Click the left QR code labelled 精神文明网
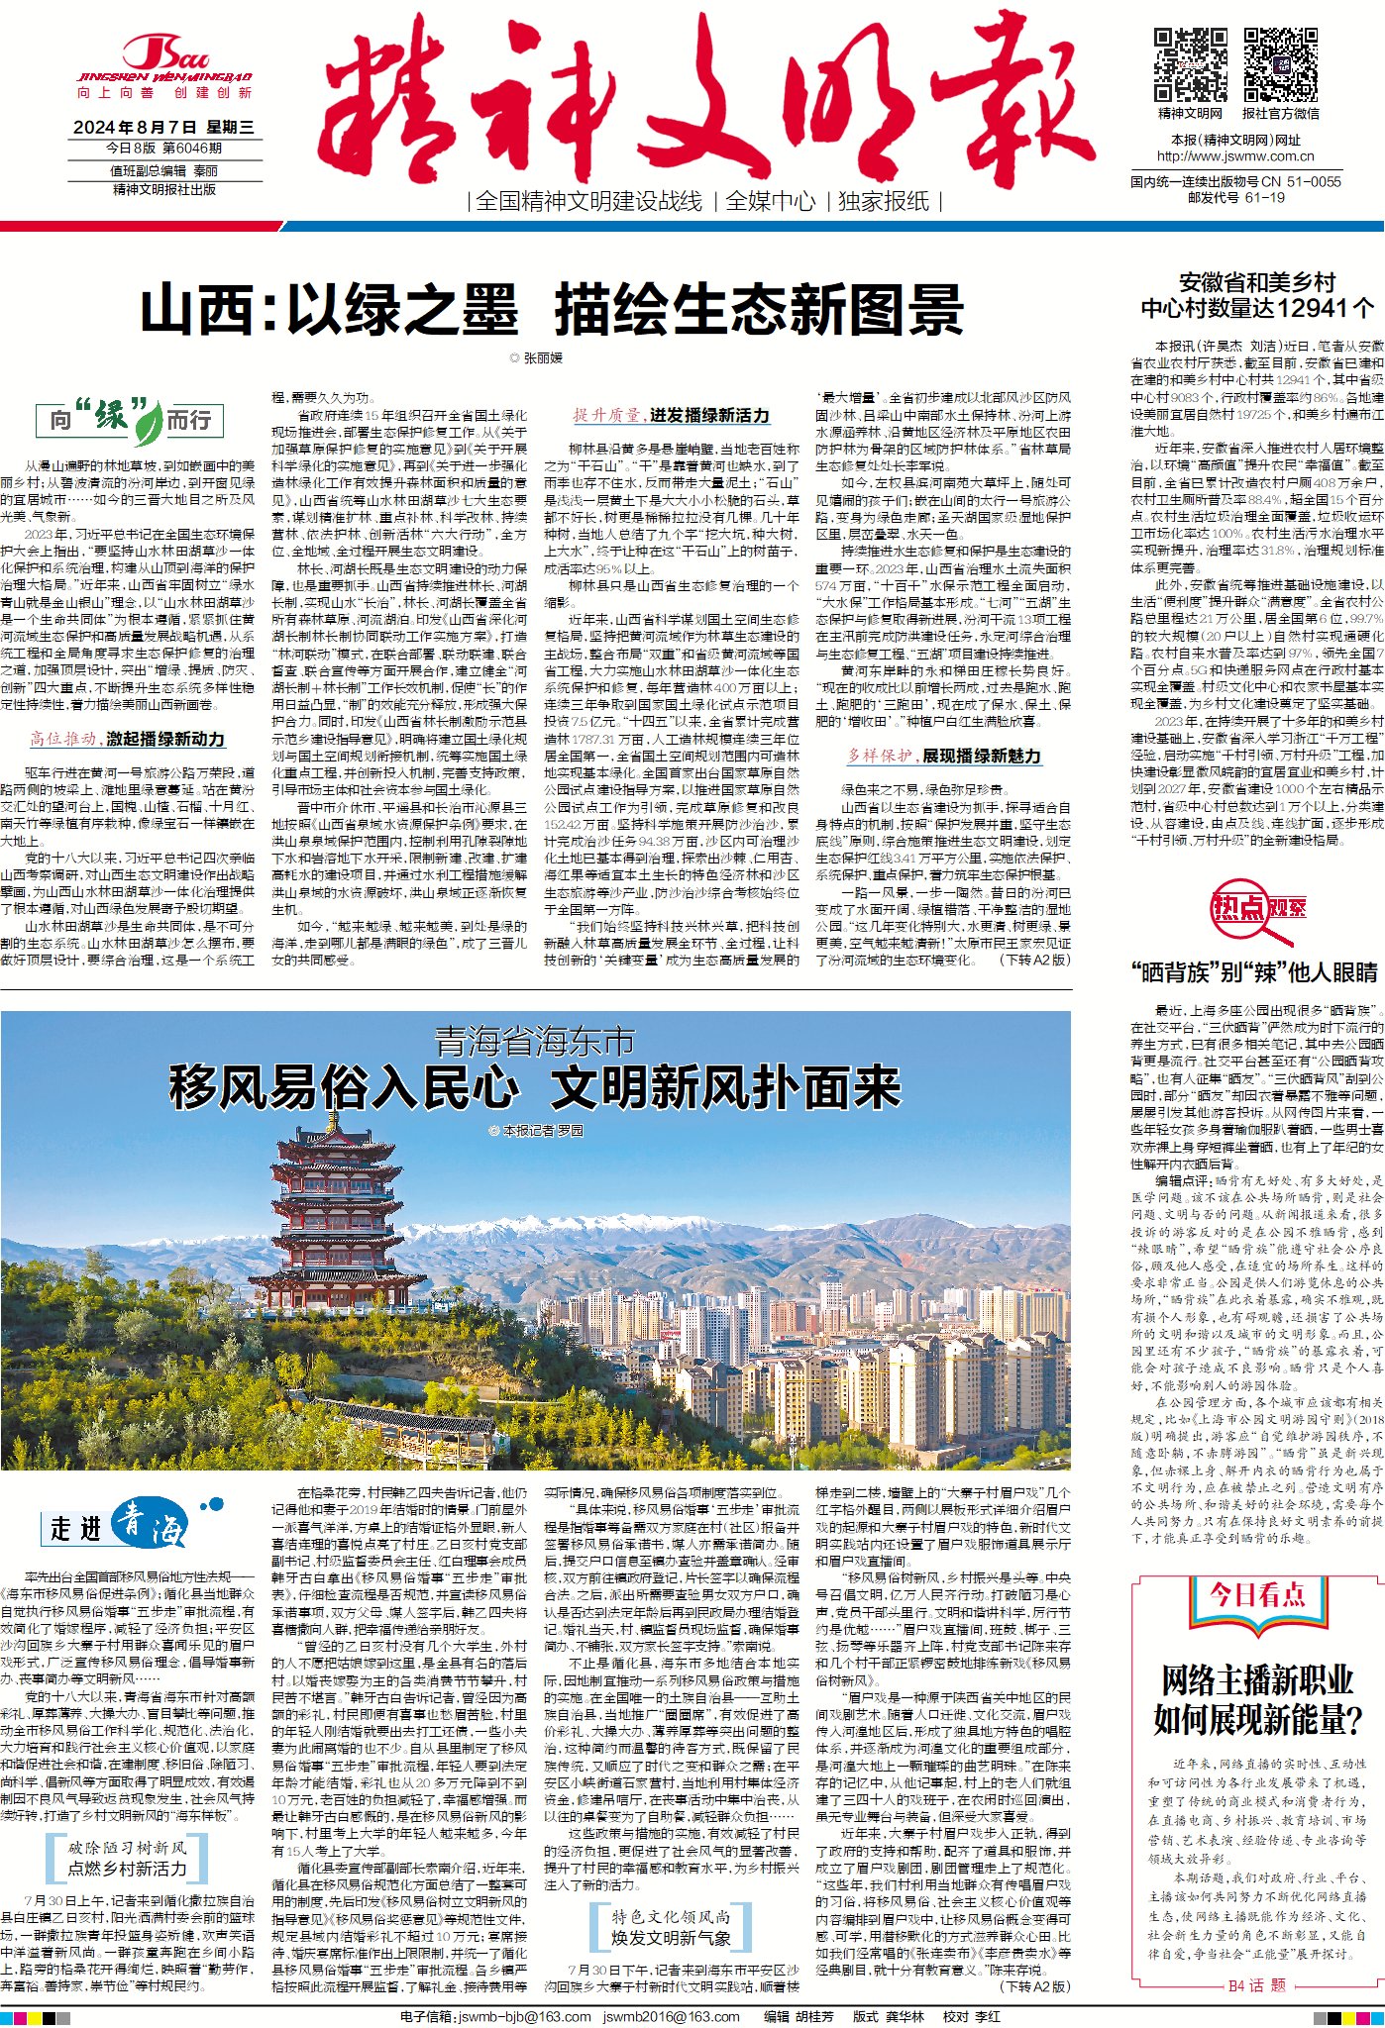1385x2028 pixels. point(1190,65)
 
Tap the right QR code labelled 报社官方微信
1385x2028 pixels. point(1280,65)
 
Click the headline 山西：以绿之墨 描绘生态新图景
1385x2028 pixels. point(552,310)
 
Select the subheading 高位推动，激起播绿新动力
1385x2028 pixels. point(128,739)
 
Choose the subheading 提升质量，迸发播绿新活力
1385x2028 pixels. point(671,416)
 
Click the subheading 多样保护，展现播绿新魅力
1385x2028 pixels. point(943,756)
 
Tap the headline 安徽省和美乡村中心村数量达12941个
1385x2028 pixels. point(1256,295)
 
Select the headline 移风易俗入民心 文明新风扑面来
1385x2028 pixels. point(535,1087)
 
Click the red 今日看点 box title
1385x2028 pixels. point(1256,1595)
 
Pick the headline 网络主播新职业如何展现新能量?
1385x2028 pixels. point(1255,1699)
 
